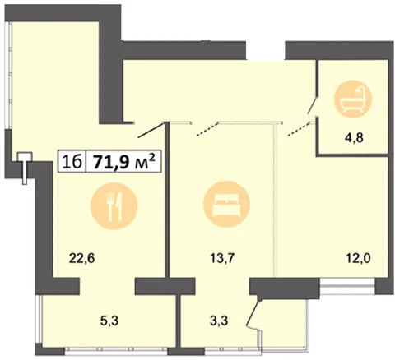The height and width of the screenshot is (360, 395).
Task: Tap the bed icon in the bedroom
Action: pos(226,204)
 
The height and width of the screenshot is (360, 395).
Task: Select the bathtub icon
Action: pos(353,99)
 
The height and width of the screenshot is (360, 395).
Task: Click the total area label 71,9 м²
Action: pos(123,162)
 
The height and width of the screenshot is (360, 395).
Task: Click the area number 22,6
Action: pos(81,258)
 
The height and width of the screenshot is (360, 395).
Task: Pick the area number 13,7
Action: pos(221,258)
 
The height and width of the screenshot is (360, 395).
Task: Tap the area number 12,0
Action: pos(358,258)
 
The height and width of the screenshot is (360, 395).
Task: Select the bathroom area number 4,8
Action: pos(354,137)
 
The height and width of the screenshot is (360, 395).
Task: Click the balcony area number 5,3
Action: pos(109,321)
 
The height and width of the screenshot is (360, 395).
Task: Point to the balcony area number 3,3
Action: pos(219,321)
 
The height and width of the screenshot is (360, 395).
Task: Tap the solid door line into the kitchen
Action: pos(151,130)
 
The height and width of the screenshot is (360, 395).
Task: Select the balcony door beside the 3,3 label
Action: pos(253,314)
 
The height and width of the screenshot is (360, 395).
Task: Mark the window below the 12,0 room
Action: pos(347,287)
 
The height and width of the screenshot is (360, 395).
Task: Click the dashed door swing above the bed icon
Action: pos(207,129)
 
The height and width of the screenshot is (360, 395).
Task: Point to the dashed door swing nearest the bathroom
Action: pos(299,129)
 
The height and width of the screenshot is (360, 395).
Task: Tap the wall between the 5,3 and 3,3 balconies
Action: pos(179,321)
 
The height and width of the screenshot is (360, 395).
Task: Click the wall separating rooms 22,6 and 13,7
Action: pos(167,201)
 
